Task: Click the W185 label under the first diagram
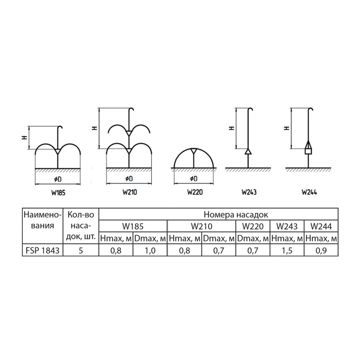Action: [x=58, y=193]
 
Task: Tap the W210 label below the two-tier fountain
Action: [x=130, y=192]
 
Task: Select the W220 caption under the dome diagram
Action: [x=195, y=192]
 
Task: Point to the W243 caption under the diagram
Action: [x=249, y=192]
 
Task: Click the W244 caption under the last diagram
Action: [x=309, y=192]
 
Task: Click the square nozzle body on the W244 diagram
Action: [x=308, y=151]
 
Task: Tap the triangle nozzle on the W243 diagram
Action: [x=248, y=152]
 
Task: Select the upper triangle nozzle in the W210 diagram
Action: [x=129, y=133]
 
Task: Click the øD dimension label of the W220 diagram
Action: [x=194, y=179]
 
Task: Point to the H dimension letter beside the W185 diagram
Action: [x=25, y=138]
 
